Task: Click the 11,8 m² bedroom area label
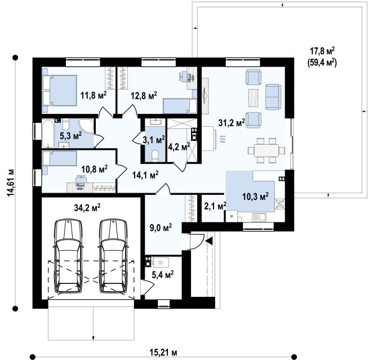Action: point(94,95)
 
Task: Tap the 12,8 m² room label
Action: point(144,96)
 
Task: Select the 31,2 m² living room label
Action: point(232,122)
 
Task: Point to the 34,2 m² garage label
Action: point(87,207)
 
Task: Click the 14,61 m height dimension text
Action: point(10,183)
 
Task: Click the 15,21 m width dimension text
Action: point(163,353)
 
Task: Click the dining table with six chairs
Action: point(266,150)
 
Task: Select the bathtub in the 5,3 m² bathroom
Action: point(48,134)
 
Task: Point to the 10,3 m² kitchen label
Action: point(255,196)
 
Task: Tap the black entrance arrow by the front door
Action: point(209,241)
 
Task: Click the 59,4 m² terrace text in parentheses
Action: point(322,63)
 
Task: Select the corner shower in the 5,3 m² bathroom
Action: point(86,126)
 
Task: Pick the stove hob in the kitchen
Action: point(280,204)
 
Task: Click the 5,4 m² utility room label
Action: point(163,274)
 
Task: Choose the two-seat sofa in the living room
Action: point(273,96)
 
